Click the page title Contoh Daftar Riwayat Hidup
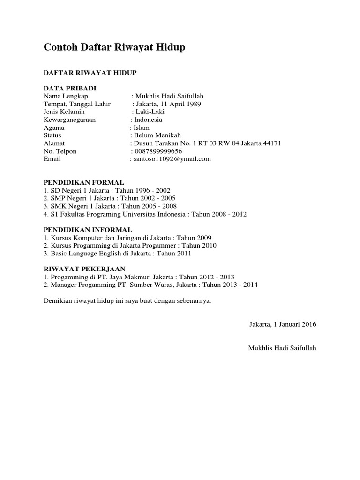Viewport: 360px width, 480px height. (x=114, y=47)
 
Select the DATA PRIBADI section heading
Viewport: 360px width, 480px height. (x=70, y=88)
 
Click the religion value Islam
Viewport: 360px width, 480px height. (x=142, y=127)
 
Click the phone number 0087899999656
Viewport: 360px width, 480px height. (x=158, y=151)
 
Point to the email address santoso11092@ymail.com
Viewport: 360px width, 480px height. (x=172, y=159)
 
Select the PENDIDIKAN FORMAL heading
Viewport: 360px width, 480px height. (x=84, y=182)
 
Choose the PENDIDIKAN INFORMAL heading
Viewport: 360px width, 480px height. (x=88, y=230)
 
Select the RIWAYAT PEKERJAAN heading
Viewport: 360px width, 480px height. (x=84, y=269)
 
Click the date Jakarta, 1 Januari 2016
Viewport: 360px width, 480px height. (x=283, y=324)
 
